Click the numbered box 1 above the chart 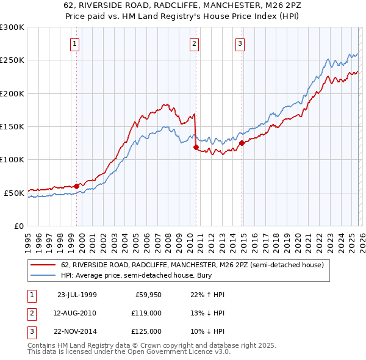pyautogui.click(x=74, y=43)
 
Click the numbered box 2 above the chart pyautogui.click(x=194, y=43)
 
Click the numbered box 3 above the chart pyautogui.click(x=240, y=43)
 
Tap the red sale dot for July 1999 pyautogui.click(x=77, y=186)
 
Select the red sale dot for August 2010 pyautogui.click(x=196, y=147)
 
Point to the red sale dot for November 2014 pyautogui.click(x=242, y=143)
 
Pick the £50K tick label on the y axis pyautogui.click(x=15, y=193)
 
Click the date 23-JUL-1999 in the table pyautogui.click(x=77, y=295)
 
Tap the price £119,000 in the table pyautogui.click(x=146, y=313)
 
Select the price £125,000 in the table pyautogui.click(x=146, y=331)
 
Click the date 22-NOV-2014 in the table pyautogui.click(x=77, y=331)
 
